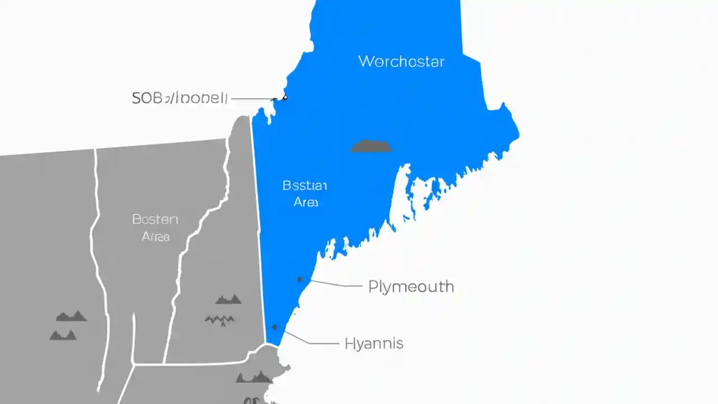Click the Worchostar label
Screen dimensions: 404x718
click(x=401, y=61)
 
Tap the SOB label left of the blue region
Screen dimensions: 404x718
click(x=179, y=98)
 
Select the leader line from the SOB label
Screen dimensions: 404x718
click(x=251, y=99)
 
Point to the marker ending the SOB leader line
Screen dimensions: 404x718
click(x=284, y=98)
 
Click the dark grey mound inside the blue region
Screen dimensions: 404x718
click(x=371, y=146)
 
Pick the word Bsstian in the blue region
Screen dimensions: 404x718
click(x=305, y=186)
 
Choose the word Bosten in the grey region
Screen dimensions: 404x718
click(x=155, y=219)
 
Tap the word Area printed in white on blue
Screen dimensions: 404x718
click(x=306, y=202)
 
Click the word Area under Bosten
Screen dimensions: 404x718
click(x=155, y=237)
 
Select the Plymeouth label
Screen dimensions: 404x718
click(x=411, y=287)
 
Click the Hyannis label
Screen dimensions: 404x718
click(x=374, y=343)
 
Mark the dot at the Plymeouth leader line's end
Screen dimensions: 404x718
click(x=300, y=279)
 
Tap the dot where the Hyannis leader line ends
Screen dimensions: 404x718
click(x=274, y=327)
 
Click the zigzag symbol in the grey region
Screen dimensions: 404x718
click(x=219, y=320)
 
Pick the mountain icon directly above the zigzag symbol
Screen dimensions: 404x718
click(x=228, y=299)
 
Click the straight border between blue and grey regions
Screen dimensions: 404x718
click(x=257, y=224)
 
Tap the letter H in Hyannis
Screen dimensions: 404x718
click(x=349, y=343)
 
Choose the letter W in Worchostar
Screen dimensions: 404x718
click(x=365, y=61)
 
